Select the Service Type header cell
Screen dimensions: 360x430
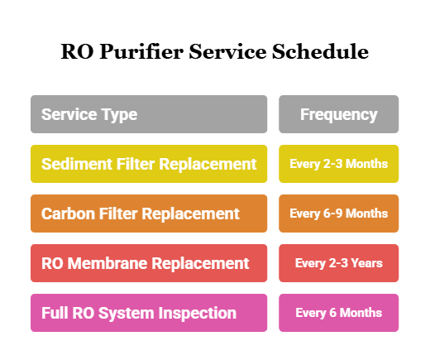[x=149, y=114]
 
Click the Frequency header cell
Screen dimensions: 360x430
[x=338, y=114]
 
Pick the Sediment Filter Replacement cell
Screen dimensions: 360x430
[x=149, y=164]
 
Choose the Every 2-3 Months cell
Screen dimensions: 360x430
[x=338, y=164]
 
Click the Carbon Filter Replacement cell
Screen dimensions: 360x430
[x=149, y=214]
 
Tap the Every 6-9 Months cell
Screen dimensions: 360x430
[x=338, y=214]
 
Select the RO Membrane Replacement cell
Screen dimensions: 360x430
[x=149, y=263]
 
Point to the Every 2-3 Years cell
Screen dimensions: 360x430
[x=338, y=263]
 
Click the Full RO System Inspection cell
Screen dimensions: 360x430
[x=149, y=313]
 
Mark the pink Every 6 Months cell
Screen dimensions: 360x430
[x=338, y=313]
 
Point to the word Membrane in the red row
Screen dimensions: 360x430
[x=103, y=263]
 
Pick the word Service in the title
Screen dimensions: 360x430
[x=228, y=51]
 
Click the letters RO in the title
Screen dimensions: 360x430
[x=76, y=51]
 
